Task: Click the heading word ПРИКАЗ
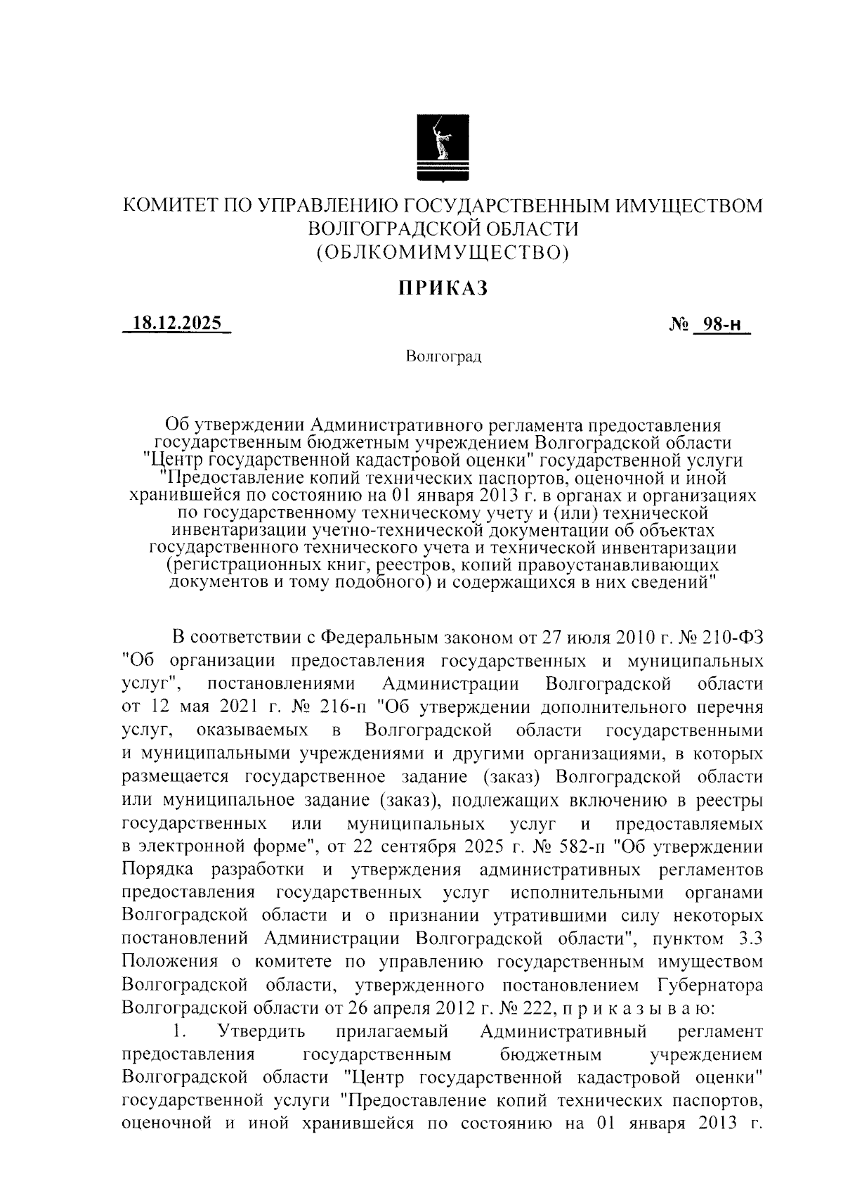pos(443,288)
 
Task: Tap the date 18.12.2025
pos(176,324)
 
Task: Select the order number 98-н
pos(721,325)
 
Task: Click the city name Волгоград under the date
pos(443,357)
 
